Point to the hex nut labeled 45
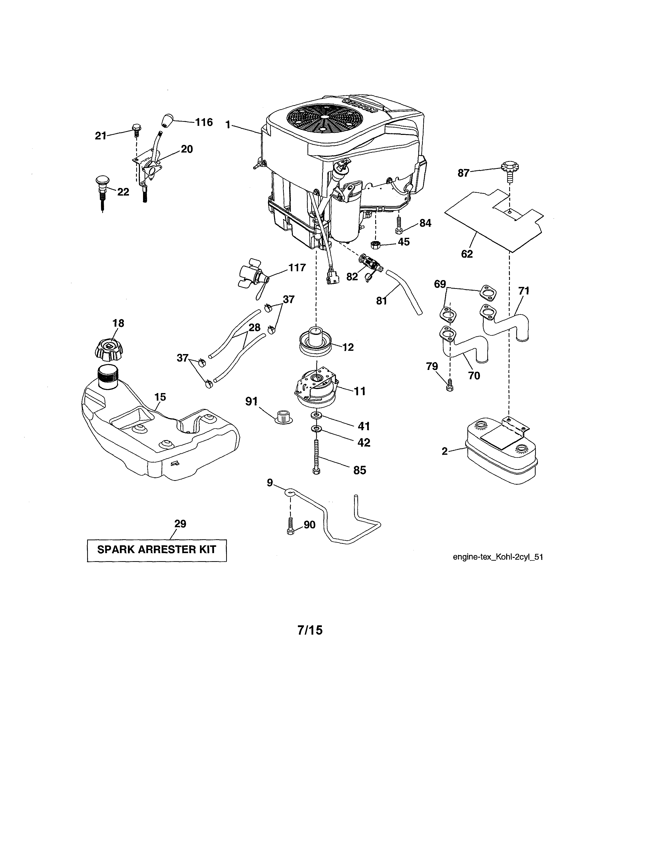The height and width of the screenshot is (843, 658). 374,244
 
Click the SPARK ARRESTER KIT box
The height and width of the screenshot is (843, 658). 157,550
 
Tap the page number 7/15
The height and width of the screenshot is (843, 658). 310,630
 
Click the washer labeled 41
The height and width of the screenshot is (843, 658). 317,415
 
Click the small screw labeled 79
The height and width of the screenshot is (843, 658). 449,386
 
